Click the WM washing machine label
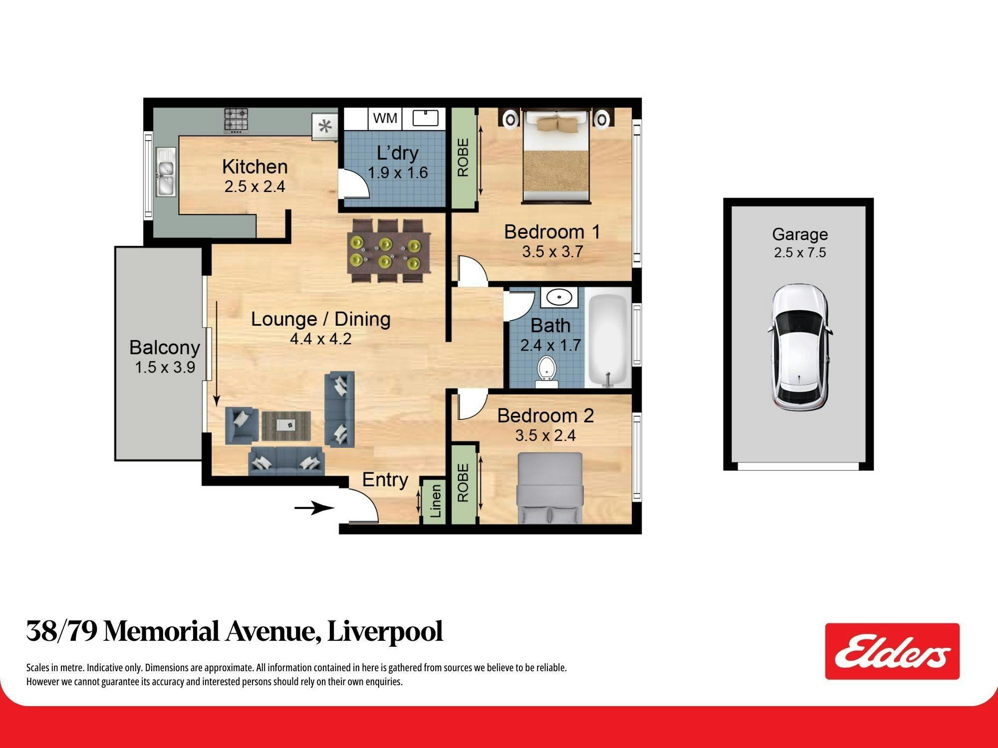(385, 118)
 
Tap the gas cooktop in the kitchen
(236, 121)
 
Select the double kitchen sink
(165, 172)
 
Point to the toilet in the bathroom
(547, 372)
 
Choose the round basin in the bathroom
(559, 298)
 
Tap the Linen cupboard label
(436, 501)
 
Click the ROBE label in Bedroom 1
(463, 158)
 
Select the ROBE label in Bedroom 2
(463, 482)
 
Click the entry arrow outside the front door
(314, 508)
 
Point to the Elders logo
(892, 651)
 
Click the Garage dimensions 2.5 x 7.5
(800, 252)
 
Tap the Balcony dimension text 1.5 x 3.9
(165, 368)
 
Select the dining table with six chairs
(389, 251)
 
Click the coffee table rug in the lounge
(286, 426)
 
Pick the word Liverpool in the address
(385, 632)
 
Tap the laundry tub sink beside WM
(425, 118)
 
